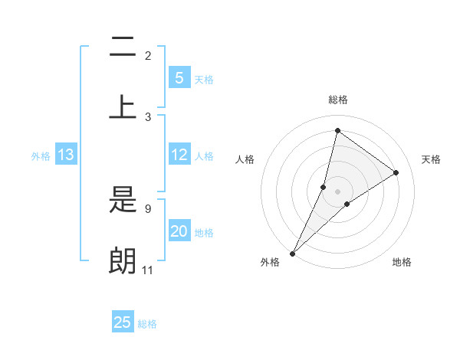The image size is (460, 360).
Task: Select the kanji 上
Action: tap(123, 106)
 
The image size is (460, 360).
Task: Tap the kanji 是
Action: tap(123, 201)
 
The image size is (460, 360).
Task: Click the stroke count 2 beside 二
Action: tap(148, 56)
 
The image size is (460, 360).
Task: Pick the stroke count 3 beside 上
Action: tap(148, 117)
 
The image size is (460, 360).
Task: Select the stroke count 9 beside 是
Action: tap(148, 208)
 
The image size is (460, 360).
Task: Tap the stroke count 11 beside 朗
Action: tap(148, 270)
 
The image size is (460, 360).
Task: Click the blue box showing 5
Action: tap(179, 77)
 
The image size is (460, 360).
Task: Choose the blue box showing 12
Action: tap(179, 155)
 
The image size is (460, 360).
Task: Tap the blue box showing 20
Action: tap(179, 231)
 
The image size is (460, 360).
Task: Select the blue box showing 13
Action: tap(66, 155)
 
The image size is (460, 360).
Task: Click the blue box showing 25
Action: tap(123, 322)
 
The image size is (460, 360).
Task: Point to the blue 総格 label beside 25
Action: tap(147, 324)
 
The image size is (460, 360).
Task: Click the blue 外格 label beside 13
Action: tap(41, 156)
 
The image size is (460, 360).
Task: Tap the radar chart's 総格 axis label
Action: tap(337, 100)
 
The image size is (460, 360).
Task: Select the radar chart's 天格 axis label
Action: tap(432, 159)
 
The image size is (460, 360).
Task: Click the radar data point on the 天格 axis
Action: tap(396, 173)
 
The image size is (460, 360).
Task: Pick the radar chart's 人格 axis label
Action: tap(245, 159)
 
